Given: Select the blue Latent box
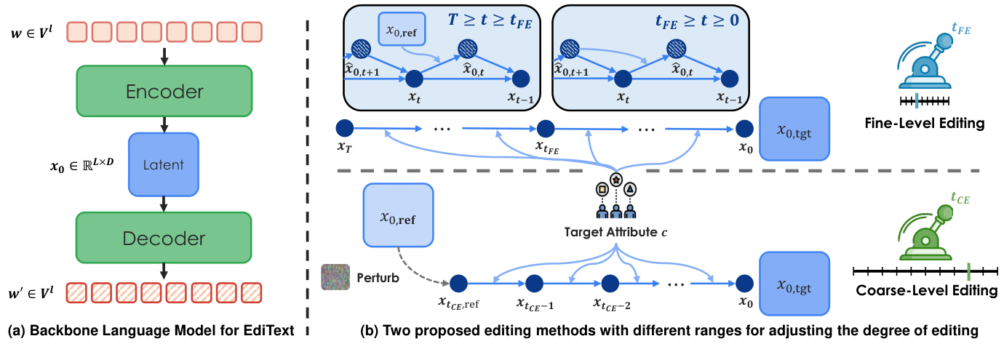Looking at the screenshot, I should tap(163, 164).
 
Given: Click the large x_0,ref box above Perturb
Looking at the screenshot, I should tap(398, 216).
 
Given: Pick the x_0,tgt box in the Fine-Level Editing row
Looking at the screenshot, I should tap(794, 130).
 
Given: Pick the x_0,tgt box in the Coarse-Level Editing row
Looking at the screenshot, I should tap(794, 284).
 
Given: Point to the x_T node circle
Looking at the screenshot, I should tap(344, 129).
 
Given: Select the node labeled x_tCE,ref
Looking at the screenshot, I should tap(458, 284).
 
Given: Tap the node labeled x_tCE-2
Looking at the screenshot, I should tap(610, 284).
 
